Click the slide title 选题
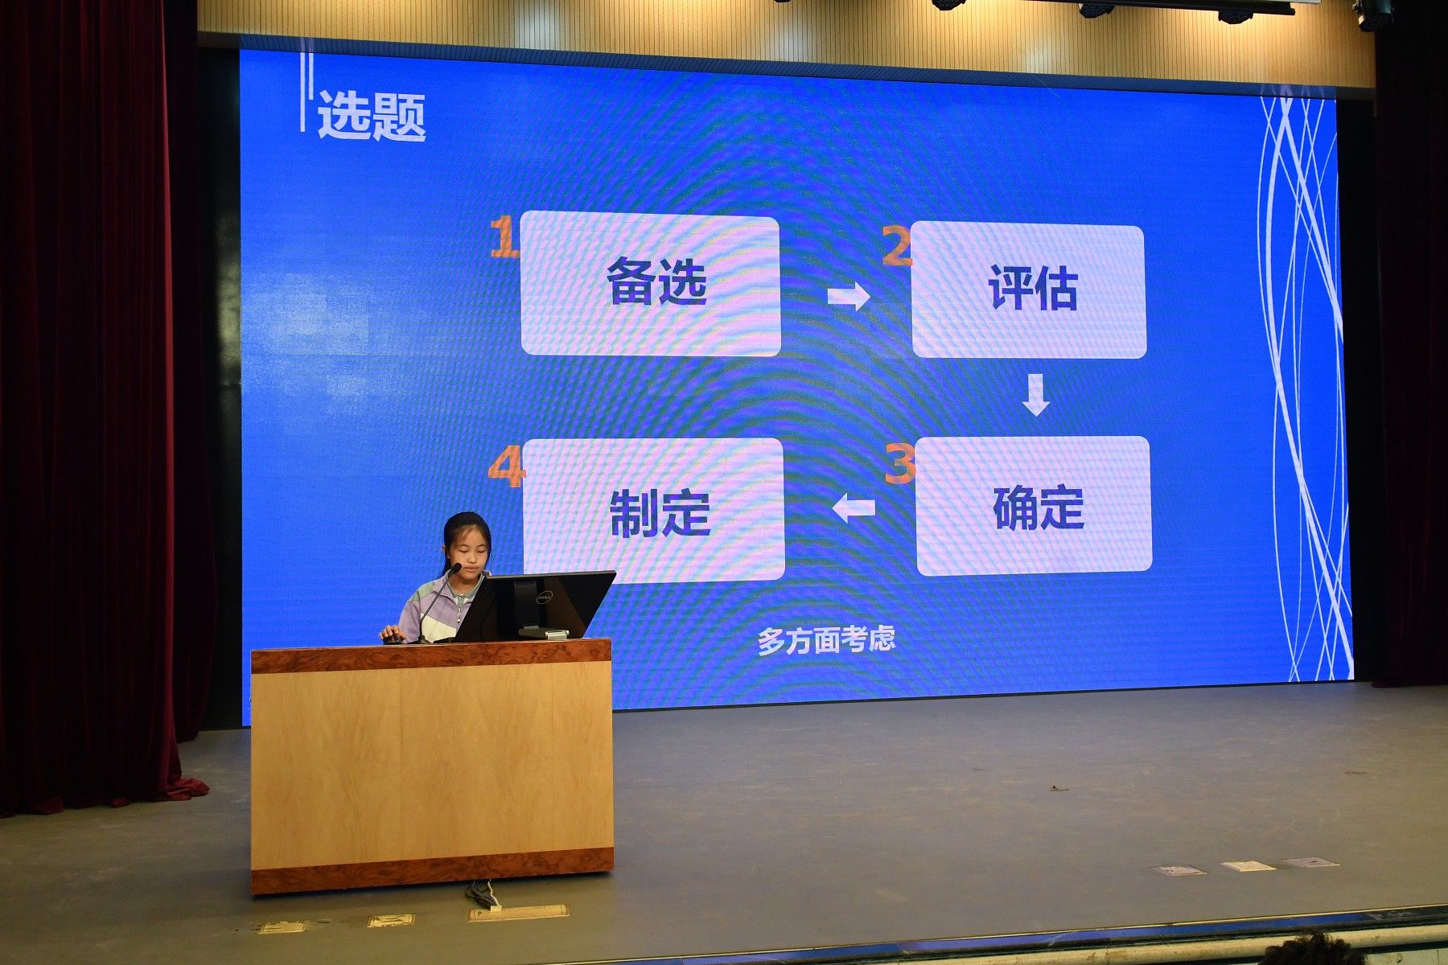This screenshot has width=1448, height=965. [x=371, y=116]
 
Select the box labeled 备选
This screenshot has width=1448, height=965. [x=651, y=285]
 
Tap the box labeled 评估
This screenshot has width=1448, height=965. [x=1028, y=291]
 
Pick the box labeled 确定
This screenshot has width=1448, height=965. [x=1034, y=506]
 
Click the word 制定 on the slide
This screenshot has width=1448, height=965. [x=660, y=513]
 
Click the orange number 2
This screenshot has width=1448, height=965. [x=897, y=245]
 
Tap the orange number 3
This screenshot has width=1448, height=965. [x=899, y=464]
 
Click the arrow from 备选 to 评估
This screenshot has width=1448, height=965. [x=849, y=297]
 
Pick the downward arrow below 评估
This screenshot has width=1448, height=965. [x=1036, y=394]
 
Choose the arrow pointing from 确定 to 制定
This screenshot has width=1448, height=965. [x=854, y=508]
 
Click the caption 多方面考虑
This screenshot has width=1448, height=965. [x=826, y=640]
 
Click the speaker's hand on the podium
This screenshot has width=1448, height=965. [x=392, y=634]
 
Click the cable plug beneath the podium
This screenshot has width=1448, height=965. [x=483, y=893]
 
